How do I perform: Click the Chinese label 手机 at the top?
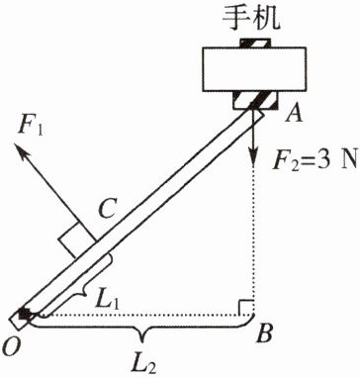point(251,17)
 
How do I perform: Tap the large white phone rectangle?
point(254,69)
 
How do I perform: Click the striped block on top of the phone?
point(255,43)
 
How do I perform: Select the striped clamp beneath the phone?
point(255,100)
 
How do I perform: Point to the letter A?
point(295,115)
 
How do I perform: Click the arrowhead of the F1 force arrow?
point(22,149)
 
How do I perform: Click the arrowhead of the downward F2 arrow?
point(253,160)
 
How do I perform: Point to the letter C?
point(107,211)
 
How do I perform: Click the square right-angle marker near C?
point(77,239)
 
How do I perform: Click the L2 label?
point(145,363)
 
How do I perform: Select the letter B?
point(265,333)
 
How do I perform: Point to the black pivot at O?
point(24,314)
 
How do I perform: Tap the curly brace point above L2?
point(142,339)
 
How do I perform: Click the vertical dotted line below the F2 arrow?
point(253,241)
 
